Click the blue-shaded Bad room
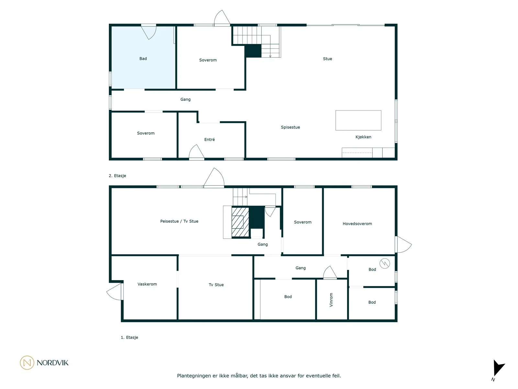(x=143, y=57)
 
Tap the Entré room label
(x=209, y=140)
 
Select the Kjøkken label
(x=363, y=137)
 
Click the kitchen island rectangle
(x=358, y=120)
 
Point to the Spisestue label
(x=290, y=127)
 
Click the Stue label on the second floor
(x=327, y=59)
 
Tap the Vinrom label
(x=331, y=300)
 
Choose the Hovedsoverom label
(x=357, y=224)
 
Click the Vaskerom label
(x=147, y=284)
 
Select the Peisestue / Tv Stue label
(x=179, y=221)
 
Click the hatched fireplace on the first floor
(x=240, y=222)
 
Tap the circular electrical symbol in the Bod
(x=385, y=263)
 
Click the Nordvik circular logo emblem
(x=27, y=362)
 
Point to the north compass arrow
(x=499, y=368)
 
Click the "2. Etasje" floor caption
(x=117, y=176)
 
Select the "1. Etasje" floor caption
(x=129, y=337)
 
